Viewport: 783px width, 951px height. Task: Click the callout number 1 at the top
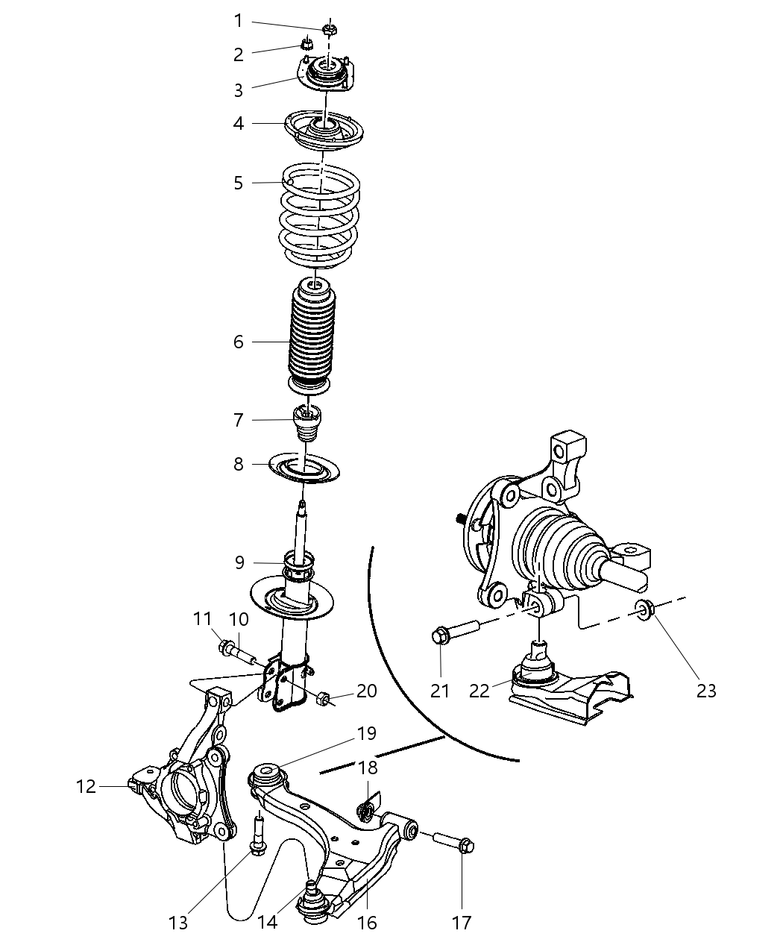tap(238, 21)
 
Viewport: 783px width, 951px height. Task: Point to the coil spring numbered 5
tap(319, 216)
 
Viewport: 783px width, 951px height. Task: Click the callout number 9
tap(239, 562)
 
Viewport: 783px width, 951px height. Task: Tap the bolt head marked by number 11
tap(224, 646)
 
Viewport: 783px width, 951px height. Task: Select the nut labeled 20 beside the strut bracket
tap(323, 699)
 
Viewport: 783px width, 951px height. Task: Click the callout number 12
tap(87, 786)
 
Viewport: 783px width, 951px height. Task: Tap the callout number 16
tap(367, 923)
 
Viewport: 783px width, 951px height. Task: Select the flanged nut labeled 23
tap(645, 610)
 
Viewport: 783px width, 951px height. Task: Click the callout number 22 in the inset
tap(479, 691)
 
